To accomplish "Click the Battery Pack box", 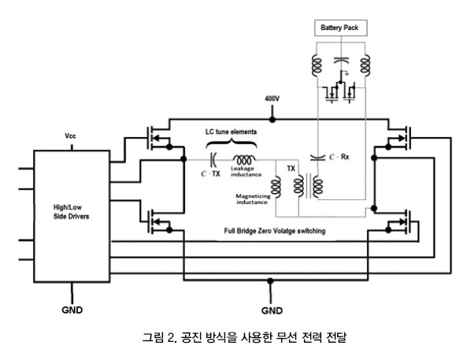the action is tap(341, 28).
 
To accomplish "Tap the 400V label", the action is tap(272, 98).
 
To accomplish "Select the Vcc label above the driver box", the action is tap(70, 136).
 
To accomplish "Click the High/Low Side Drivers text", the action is tap(71, 212).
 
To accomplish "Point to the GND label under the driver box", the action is tap(72, 310).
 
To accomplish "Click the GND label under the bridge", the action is tap(272, 310).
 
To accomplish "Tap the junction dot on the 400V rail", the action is tap(272, 120).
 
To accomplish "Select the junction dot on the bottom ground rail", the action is tap(270, 280).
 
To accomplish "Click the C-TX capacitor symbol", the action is tap(213, 160).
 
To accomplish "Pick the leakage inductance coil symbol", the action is tap(243, 160).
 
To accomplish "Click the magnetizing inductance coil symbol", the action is tap(276, 187).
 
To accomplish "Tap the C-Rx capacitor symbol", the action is tap(317, 157).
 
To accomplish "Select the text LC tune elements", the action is tap(231, 132).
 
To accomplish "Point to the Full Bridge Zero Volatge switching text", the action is tap(275, 231).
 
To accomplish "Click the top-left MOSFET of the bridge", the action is tap(158, 138).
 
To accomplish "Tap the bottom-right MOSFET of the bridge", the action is tap(399, 221).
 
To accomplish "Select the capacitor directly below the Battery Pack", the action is tap(341, 61).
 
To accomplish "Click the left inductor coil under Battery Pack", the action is tap(317, 65).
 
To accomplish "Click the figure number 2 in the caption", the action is tap(171, 338).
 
